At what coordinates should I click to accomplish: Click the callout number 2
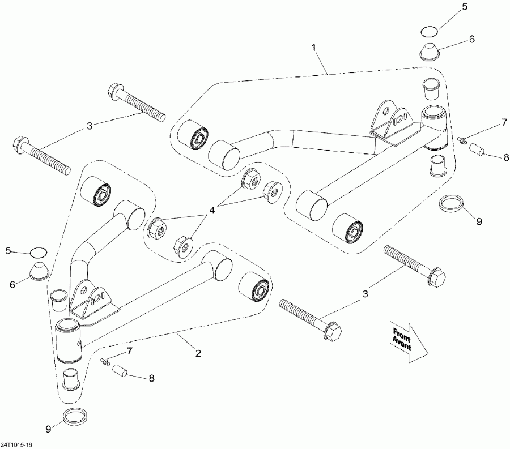[198, 354]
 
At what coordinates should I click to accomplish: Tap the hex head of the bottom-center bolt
[332, 331]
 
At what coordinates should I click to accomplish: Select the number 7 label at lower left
[129, 352]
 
